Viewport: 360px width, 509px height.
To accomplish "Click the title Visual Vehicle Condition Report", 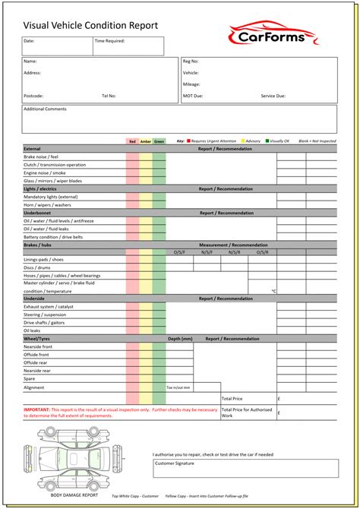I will pyautogui.click(x=90, y=25).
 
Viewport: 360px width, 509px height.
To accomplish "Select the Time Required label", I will pyautogui.click(x=110, y=41).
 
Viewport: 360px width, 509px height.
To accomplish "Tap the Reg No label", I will pyautogui.click(x=191, y=61).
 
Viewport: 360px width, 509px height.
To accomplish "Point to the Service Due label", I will pyautogui.click(x=273, y=96).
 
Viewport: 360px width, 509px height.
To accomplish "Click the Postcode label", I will pyautogui.click(x=34, y=96).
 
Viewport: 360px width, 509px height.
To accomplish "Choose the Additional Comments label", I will pyautogui.click(x=46, y=109).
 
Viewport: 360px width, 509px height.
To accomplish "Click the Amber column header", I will pyautogui.click(x=145, y=141).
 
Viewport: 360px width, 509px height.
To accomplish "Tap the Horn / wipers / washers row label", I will pyautogui.click(x=47, y=204).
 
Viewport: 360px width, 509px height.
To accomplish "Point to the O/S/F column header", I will pyautogui.click(x=179, y=251).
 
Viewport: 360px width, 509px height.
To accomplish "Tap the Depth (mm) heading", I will pyautogui.click(x=180, y=338).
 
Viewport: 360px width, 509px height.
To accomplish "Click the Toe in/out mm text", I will pyautogui.click(x=179, y=387).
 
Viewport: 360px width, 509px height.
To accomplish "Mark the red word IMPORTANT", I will pyautogui.click(x=36, y=409).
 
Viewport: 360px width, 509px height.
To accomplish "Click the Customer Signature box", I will pyautogui.click(x=245, y=468).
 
